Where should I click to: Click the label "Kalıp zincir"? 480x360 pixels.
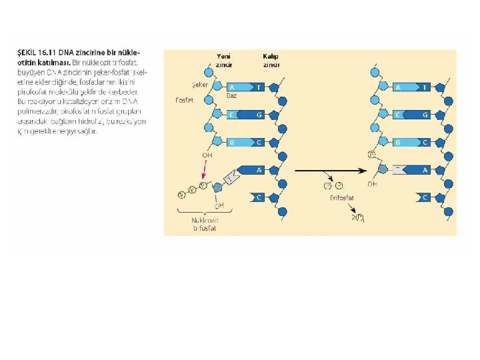click(x=271, y=60)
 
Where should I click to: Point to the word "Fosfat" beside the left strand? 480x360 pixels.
click(x=185, y=100)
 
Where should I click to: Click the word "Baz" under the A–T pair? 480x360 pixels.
click(x=232, y=96)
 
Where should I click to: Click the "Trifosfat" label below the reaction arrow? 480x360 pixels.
click(x=341, y=197)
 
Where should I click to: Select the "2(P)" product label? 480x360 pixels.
click(x=357, y=217)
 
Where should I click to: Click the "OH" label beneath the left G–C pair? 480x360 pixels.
click(x=207, y=155)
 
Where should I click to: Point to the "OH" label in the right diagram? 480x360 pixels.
click(x=372, y=183)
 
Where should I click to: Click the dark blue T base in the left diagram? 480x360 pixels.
click(x=258, y=87)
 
